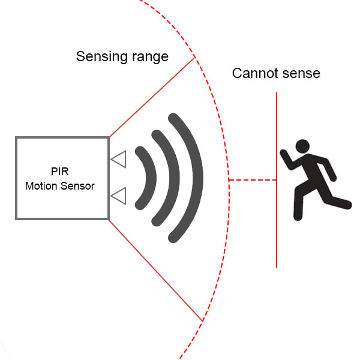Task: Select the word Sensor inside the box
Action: tap(79, 186)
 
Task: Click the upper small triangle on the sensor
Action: tap(119, 160)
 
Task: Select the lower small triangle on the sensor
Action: tap(119, 196)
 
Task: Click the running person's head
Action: tap(302, 146)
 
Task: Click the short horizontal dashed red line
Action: tap(252, 179)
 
